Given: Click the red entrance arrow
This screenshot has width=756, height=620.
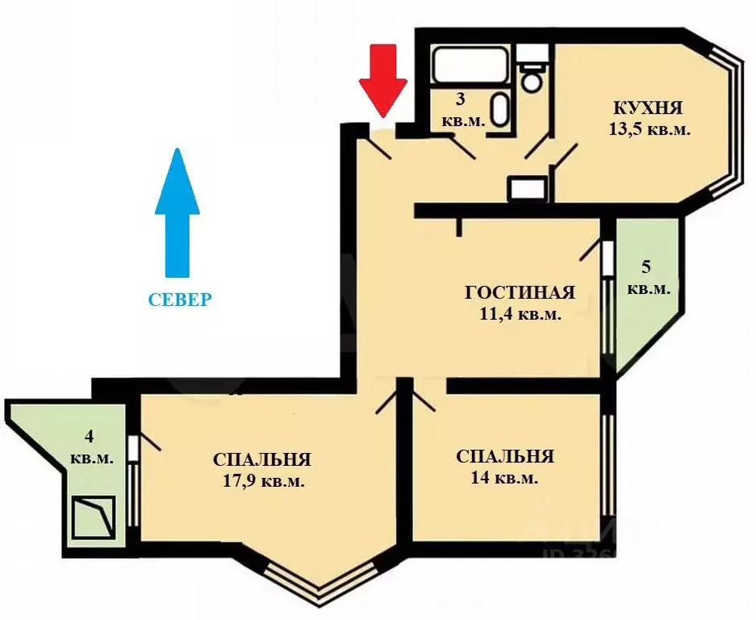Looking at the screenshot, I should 382,79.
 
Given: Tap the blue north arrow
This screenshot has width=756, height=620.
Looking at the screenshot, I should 178,213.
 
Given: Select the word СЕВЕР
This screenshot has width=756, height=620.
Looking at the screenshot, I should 180,300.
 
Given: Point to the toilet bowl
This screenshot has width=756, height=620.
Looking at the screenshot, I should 531,78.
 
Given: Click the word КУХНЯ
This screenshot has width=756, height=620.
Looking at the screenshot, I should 648,107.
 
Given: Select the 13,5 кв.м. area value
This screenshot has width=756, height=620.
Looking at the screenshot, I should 650,128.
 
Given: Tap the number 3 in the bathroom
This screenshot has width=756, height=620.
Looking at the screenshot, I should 461,100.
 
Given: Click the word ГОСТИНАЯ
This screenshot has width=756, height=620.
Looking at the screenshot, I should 520,292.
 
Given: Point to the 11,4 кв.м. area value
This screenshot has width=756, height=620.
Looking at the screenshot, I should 520,314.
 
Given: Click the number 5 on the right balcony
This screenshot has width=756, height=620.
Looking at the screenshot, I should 647,266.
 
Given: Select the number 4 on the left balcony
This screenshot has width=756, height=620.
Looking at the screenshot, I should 90,437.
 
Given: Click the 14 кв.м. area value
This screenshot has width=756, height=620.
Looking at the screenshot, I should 504,477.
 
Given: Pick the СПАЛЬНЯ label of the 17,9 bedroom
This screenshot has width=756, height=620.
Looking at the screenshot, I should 262,459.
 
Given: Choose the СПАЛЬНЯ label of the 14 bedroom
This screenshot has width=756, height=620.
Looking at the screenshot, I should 504,456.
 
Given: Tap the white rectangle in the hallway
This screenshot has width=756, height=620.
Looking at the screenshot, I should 528,189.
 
